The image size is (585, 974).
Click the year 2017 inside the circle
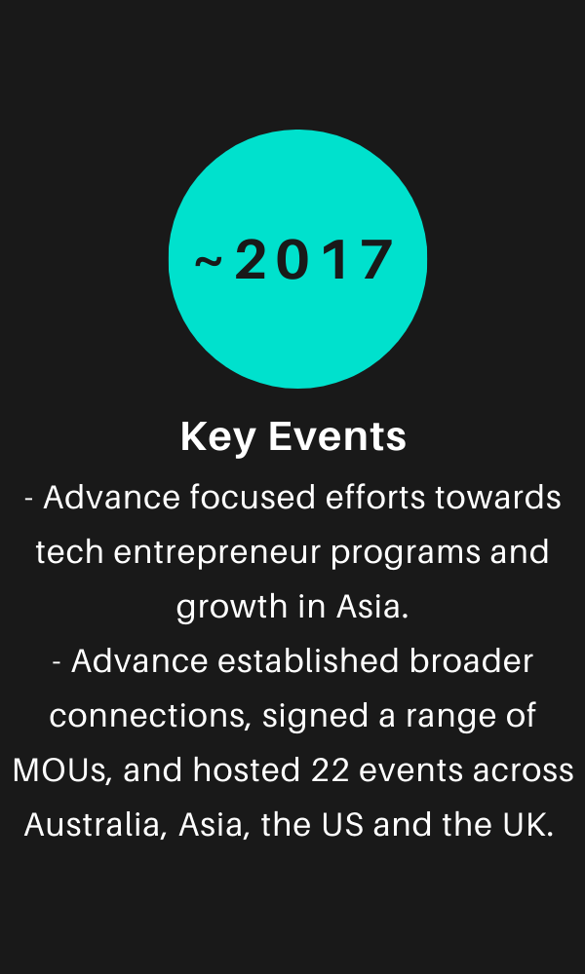tap(314, 260)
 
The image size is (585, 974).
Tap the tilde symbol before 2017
tap(209, 261)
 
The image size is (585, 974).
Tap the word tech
tap(68, 552)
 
